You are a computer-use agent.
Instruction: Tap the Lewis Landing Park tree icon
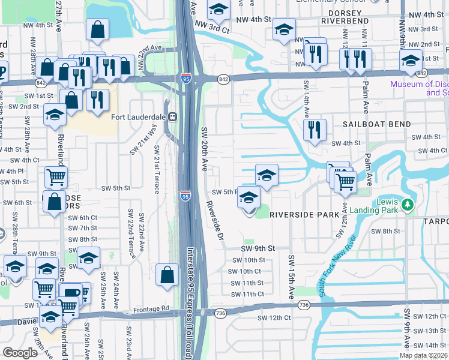pyautogui.click(x=408, y=206)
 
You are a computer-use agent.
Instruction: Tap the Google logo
pyautogui.click(x=20, y=353)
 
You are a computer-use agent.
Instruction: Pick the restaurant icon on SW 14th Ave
pyautogui.click(x=315, y=130)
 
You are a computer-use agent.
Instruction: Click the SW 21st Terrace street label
pyautogui.click(x=157, y=169)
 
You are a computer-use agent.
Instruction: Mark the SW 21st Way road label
pyautogui.click(x=153, y=137)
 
